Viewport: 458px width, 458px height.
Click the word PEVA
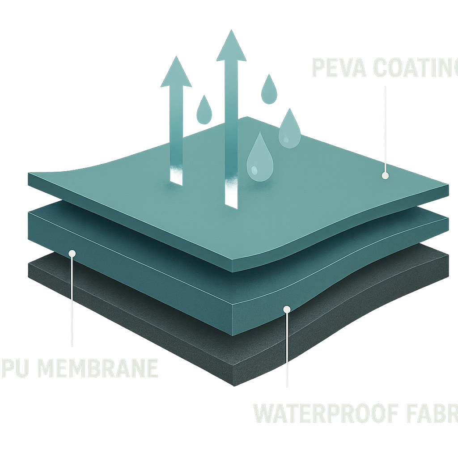coord(338,68)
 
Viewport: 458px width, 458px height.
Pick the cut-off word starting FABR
coord(427,413)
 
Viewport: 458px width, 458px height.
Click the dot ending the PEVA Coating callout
coord(385,176)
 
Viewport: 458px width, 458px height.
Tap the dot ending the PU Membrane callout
coord(72,254)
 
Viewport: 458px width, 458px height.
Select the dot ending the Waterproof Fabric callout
coord(287,309)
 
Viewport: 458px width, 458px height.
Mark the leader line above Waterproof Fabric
coord(287,349)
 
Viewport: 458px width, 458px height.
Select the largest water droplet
coord(259,159)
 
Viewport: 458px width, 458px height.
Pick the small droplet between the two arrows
coord(204,111)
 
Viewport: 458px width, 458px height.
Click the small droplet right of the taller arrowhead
coord(269,90)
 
